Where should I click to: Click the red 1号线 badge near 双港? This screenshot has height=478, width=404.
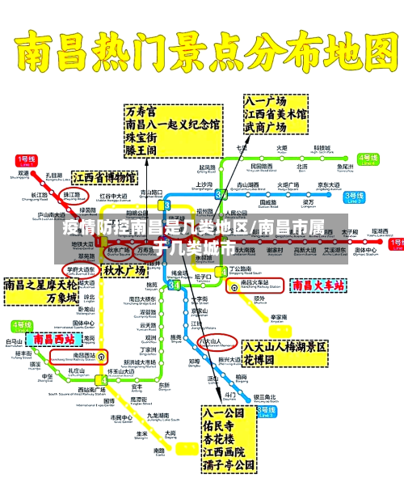(27, 161)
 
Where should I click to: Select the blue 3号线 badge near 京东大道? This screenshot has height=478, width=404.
(354, 197)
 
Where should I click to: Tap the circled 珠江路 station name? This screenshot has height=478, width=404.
(72, 196)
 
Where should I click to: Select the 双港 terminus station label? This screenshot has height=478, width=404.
(23, 174)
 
